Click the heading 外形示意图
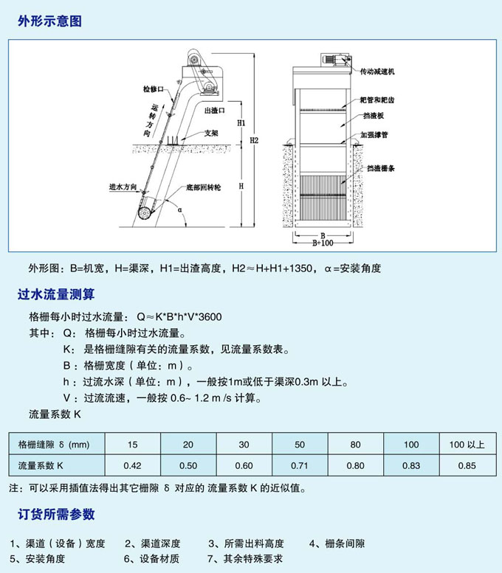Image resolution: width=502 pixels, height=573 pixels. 49,21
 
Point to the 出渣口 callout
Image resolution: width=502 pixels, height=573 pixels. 213,109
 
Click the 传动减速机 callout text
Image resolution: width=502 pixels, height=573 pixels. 377,72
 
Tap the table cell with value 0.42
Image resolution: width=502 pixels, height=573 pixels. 132,465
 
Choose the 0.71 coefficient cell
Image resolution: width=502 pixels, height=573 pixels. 300,465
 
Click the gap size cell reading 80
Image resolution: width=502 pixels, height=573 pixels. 355,445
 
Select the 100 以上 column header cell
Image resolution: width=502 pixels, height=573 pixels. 467,445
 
